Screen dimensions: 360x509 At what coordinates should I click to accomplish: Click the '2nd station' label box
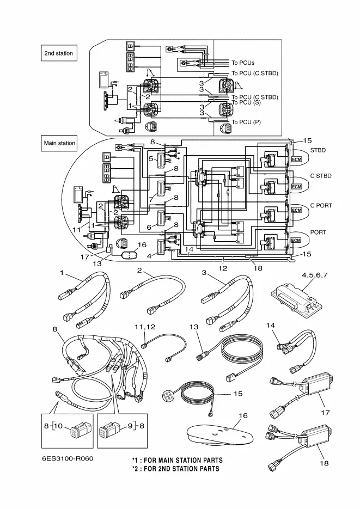[59, 53]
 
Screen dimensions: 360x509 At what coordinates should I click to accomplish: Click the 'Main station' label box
[59, 143]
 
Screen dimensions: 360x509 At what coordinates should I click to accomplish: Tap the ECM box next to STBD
[297, 159]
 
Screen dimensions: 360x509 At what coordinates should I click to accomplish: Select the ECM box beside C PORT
[297, 210]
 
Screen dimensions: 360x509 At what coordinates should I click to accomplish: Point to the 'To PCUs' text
[243, 63]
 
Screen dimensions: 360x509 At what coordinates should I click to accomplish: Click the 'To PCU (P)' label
[246, 122]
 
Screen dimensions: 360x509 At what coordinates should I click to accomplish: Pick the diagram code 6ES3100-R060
[68, 458]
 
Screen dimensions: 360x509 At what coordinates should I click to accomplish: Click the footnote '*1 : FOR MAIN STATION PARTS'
[177, 461]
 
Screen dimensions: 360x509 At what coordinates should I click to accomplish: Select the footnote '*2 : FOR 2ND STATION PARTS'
[175, 469]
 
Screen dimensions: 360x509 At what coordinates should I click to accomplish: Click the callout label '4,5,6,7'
[315, 275]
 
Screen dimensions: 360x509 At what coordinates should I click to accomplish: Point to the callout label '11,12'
[145, 327]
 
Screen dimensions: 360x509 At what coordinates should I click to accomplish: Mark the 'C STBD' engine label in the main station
[321, 176]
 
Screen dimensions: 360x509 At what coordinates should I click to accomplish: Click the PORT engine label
[318, 232]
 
